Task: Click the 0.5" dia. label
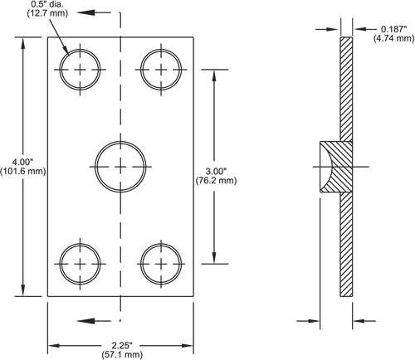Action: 47,4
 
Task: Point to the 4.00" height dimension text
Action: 22,162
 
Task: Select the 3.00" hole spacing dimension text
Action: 216,172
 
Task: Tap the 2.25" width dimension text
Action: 122,345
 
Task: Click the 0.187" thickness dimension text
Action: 394,29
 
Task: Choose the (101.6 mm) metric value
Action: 22,171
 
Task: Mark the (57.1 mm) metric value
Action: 122,354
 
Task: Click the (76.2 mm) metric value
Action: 216,181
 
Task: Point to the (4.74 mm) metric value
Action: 394,38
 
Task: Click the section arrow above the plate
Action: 94,12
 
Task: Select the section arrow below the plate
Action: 94,321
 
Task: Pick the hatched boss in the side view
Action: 336,167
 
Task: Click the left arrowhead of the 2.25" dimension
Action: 54,345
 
